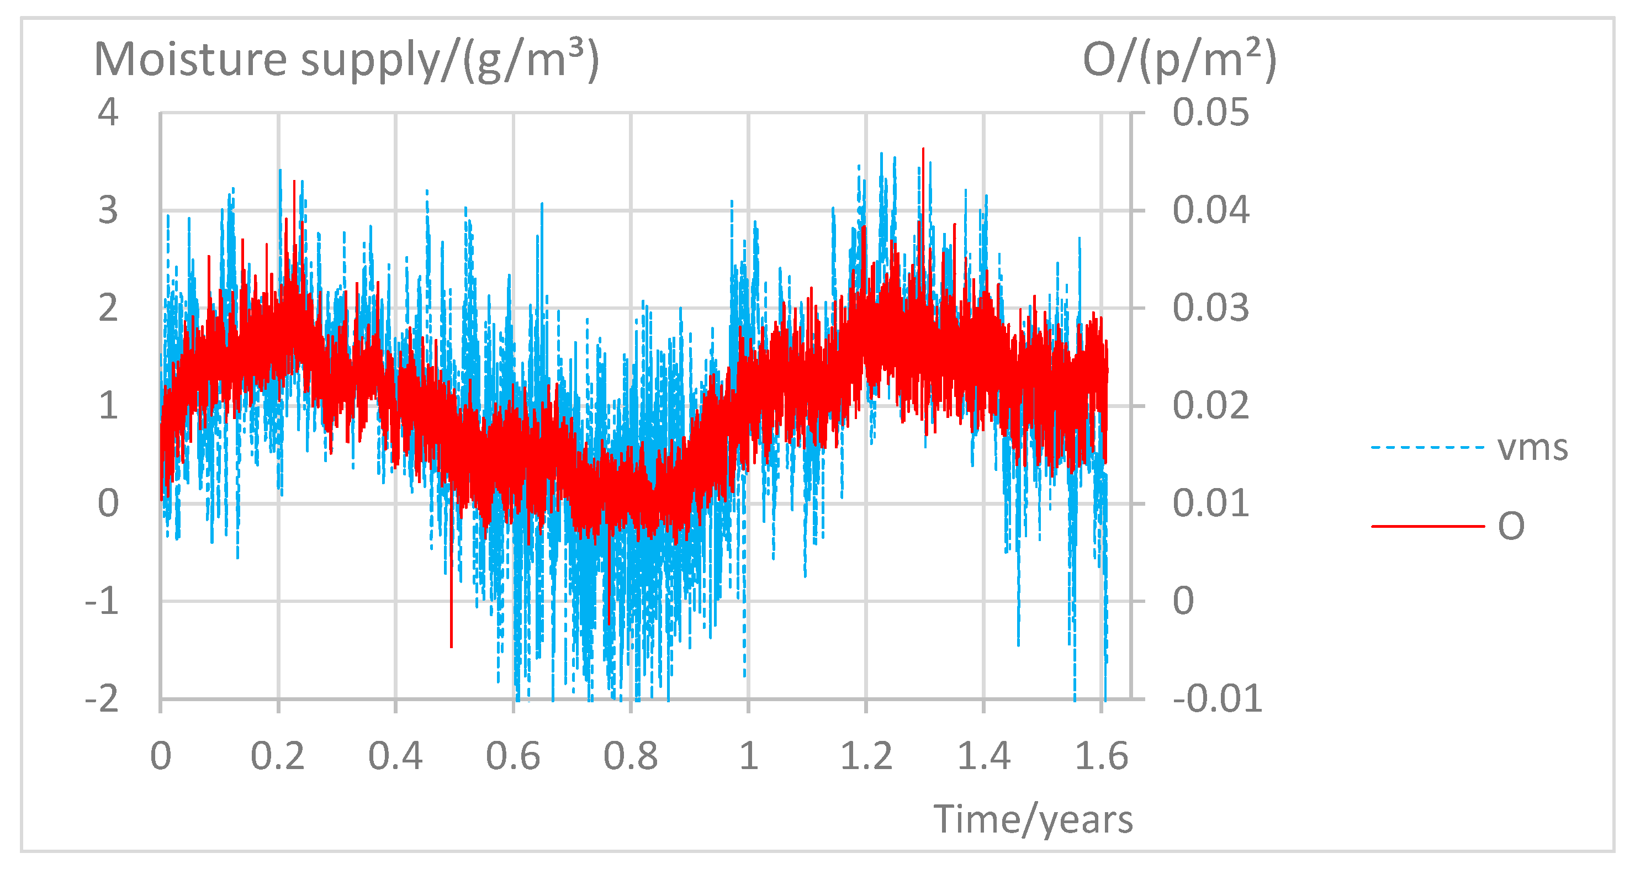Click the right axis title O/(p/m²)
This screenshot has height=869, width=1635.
click(1179, 60)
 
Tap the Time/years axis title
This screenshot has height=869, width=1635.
click(1033, 819)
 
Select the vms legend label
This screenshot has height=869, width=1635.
click(1532, 448)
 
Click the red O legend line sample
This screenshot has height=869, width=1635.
click(1427, 526)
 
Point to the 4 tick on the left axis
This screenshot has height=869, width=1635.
click(108, 113)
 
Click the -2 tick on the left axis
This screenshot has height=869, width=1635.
click(102, 700)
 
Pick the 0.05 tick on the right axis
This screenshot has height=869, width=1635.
click(1210, 113)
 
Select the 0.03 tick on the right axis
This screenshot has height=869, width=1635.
click(1210, 309)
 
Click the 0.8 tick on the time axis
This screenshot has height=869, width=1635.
click(630, 756)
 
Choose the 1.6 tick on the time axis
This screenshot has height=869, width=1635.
click(1101, 756)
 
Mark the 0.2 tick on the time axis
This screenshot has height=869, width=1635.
click(277, 756)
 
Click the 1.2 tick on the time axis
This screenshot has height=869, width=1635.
click(866, 756)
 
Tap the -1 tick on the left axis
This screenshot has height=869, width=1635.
click(102, 601)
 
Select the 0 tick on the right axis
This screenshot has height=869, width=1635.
click(1183, 601)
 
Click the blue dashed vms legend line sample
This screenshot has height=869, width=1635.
click(1427, 448)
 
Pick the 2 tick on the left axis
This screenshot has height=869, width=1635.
click(108, 309)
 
